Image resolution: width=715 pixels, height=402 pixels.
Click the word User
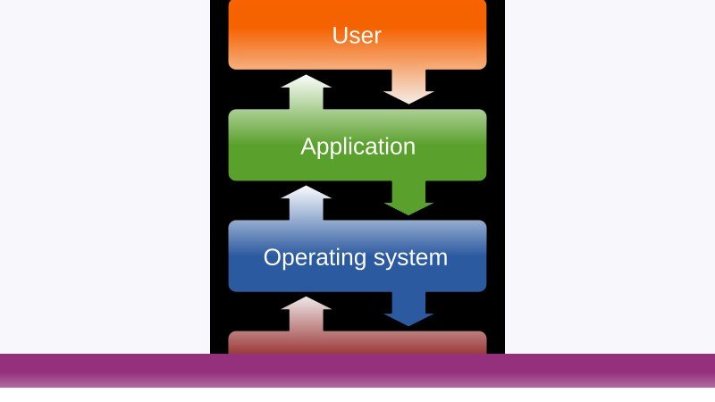pyautogui.click(x=357, y=35)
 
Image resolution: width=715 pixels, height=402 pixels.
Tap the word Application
pyautogui.click(x=358, y=147)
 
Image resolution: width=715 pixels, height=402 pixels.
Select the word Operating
pyautogui.click(x=315, y=258)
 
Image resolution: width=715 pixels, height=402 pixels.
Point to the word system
pyautogui.click(x=410, y=258)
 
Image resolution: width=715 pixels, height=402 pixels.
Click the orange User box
pyautogui.click(x=357, y=35)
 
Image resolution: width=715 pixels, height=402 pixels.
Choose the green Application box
pyautogui.click(x=357, y=145)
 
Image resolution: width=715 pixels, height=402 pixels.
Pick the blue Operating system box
pyautogui.click(x=357, y=256)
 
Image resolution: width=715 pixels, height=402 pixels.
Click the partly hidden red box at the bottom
pyautogui.click(x=357, y=342)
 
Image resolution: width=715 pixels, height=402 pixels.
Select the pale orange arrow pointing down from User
pyautogui.click(x=408, y=87)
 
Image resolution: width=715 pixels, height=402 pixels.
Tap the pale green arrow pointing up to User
pyautogui.click(x=306, y=92)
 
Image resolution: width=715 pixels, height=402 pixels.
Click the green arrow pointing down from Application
pyautogui.click(x=408, y=197)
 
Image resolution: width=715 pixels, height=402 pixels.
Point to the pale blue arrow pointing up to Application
pyautogui.click(x=306, y=204)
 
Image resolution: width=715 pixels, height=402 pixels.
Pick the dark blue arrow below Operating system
pyautogui.click(x=408, y=309)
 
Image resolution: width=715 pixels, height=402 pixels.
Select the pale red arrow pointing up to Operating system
pyautogui.click(x=306, y=314)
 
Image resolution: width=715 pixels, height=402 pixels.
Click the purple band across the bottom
pyautogui.click(x=357, y=371)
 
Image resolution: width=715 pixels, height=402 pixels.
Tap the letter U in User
pyautogui.click(x=340, y=36)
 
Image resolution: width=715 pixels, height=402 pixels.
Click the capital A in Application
pyautogui.click(x=308, y=147)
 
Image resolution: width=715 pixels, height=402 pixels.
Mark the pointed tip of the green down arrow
pyautogui.click(x=408, y=215)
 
